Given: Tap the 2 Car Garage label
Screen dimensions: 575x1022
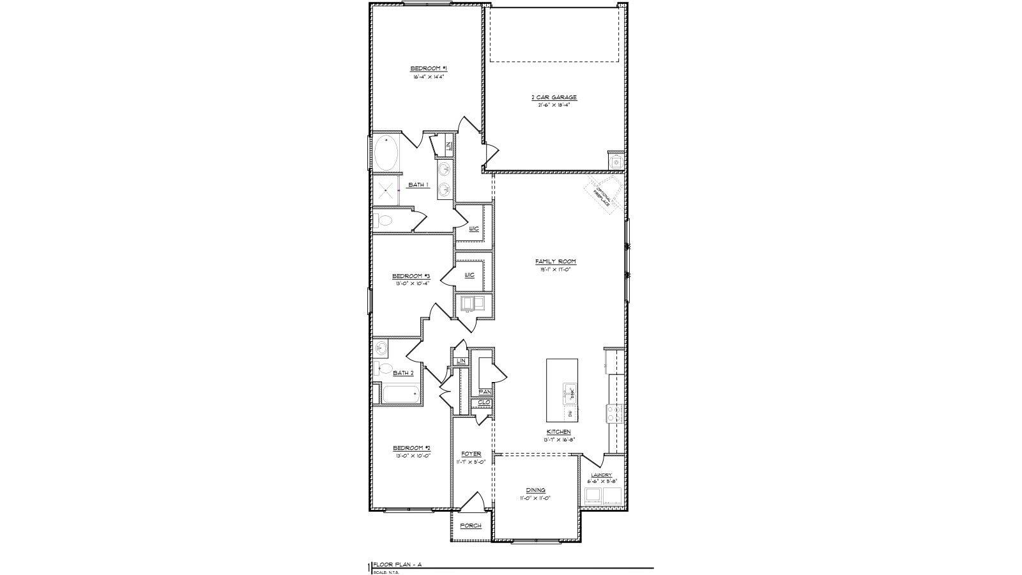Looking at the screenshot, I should tap(554, 97).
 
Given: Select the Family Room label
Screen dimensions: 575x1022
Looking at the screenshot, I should tap(555, 261).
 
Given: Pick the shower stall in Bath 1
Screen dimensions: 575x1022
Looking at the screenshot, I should tap(385, 190).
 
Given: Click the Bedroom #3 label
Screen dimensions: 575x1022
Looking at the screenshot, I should tap(411, 277).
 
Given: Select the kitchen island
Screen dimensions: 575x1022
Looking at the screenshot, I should tap(562, 390).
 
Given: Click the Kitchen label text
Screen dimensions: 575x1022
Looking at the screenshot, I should tap(558, 432).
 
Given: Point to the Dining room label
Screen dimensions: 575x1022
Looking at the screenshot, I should tap(536, 490).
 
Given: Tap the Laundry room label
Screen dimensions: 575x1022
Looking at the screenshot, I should tap(601, 475).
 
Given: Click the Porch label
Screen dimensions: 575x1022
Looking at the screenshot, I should tap(471, 526).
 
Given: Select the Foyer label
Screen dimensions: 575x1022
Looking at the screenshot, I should tap(471, 454).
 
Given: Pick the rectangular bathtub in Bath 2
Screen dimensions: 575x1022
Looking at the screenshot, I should tap(401, 395).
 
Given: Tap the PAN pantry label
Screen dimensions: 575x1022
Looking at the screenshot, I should tap(484, 392).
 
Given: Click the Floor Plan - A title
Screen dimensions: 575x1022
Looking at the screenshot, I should tap(397, 565).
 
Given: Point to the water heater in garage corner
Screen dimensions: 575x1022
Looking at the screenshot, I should tap(616, 162).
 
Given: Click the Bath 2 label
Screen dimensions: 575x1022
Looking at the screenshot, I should tap(403, 372).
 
